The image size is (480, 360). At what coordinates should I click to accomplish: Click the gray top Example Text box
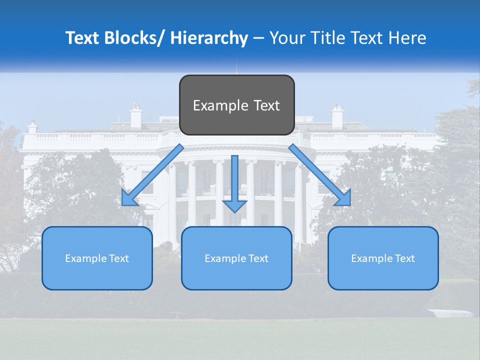click(x=236, y=105)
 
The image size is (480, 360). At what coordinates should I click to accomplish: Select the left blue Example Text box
click(x=97, y=258)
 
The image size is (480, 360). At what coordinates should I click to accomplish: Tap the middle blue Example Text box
click(x=236, y=258)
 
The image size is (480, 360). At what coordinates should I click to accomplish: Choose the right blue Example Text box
click(x=383, y=258)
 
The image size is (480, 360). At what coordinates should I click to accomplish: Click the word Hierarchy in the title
click(x=209, y=38)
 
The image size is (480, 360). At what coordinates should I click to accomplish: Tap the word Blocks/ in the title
click(x=134, y=38)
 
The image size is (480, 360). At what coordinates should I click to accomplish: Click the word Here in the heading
click(x=407, y=38)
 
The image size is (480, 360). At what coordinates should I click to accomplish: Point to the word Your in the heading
click(x=286, y=38)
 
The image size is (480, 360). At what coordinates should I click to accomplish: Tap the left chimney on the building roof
click(x=136, y=116)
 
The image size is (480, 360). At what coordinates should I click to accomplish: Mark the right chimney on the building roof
click(x=337, y=116)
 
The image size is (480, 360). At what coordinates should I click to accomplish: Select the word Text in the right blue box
click(x=404, y=258)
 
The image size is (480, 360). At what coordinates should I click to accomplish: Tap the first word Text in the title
click(x=83, y=38)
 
